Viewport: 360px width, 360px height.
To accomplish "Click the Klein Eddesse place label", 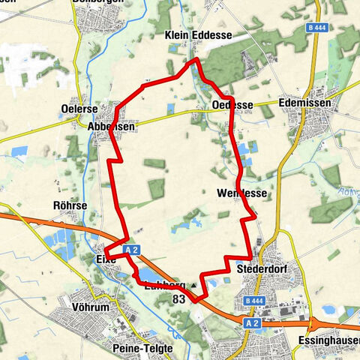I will point(198,35).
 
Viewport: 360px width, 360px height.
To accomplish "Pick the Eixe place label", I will point(106,259).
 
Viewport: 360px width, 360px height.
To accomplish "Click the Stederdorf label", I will point(257,268).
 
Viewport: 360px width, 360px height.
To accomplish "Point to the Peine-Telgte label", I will point(142,349).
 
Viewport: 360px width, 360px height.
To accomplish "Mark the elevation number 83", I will point(178,298).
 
